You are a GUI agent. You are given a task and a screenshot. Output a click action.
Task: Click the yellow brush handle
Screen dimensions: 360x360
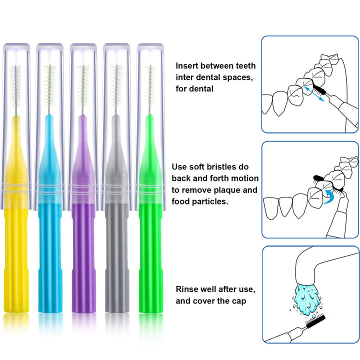16,260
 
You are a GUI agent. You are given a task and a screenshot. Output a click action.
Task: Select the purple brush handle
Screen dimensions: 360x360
83,260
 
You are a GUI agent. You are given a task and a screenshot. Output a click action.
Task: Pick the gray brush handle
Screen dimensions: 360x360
116,260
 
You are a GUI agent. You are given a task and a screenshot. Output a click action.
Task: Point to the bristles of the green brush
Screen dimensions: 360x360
149,85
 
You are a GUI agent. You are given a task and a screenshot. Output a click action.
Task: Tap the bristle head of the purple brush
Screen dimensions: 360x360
83,85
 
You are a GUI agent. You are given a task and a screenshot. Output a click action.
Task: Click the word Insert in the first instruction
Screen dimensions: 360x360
187,65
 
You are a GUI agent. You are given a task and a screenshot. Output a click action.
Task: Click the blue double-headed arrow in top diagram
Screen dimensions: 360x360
314,94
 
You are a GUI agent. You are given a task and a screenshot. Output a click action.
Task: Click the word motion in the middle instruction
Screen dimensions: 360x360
246,178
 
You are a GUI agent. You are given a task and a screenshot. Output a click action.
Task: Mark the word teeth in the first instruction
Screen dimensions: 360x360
244,65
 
